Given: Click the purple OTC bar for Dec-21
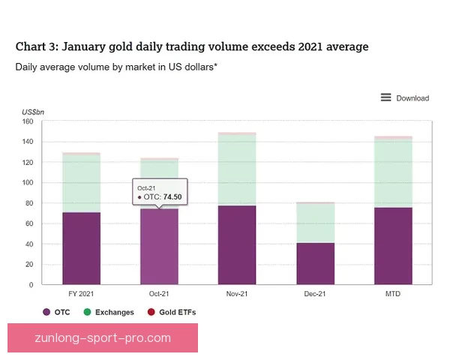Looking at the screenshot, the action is [x=316, y=263].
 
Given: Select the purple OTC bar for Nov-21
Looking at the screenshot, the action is [x=237, y=245].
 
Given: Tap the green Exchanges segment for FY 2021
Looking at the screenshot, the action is [x=82, y=184].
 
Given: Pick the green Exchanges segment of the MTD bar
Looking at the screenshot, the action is [x=393, y=173].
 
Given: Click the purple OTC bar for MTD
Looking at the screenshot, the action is [x=393, y=246].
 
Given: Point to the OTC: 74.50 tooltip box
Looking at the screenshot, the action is [x=160, y=192].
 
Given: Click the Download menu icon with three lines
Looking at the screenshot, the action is [x=385, y=97].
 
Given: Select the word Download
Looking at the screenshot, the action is [x=412, y=98].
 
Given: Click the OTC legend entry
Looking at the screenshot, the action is [x=56, y=312].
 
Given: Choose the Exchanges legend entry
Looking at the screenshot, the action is [x=109, y=312].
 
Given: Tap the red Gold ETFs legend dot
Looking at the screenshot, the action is [x=151, y=312].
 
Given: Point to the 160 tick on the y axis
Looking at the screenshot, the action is [x=28, y=121].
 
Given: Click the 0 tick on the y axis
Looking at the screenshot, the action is [x=31, y=285].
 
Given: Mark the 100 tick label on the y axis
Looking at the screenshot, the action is [x=28, y=182].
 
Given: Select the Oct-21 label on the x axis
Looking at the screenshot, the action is [x=159, y=294].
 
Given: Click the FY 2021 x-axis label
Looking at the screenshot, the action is [x=81, y=294].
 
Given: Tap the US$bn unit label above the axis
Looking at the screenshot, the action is [x=33, y=112].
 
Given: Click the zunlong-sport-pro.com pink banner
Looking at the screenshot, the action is [x=103, y=338].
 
